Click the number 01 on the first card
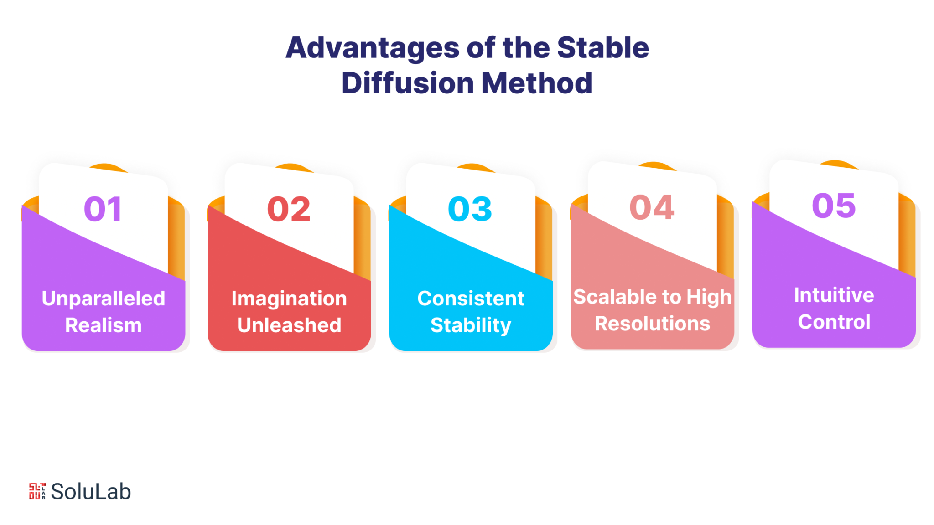click(103, 209)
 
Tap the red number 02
click(289, 209)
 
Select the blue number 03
click(470, 209)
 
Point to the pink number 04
click(652, 207)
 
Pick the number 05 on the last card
click(834, 205)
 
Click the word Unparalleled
click(104, 299)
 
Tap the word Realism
click(104, 325)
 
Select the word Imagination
click(289, 299)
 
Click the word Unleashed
click(289, 325)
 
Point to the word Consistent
click(471, 299)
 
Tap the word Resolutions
click(653, 324)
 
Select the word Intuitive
click(834, 295)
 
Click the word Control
click(834, 322)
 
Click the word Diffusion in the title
click(408, 83)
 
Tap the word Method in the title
click(537, 83)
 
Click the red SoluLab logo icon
click(37, 491)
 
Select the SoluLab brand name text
click(91, 492)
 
